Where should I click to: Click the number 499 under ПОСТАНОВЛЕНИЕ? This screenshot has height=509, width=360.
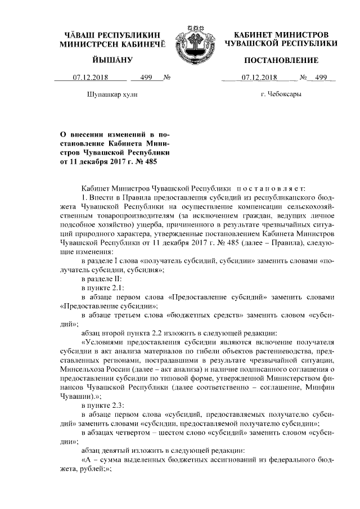[x=321, y=78]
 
